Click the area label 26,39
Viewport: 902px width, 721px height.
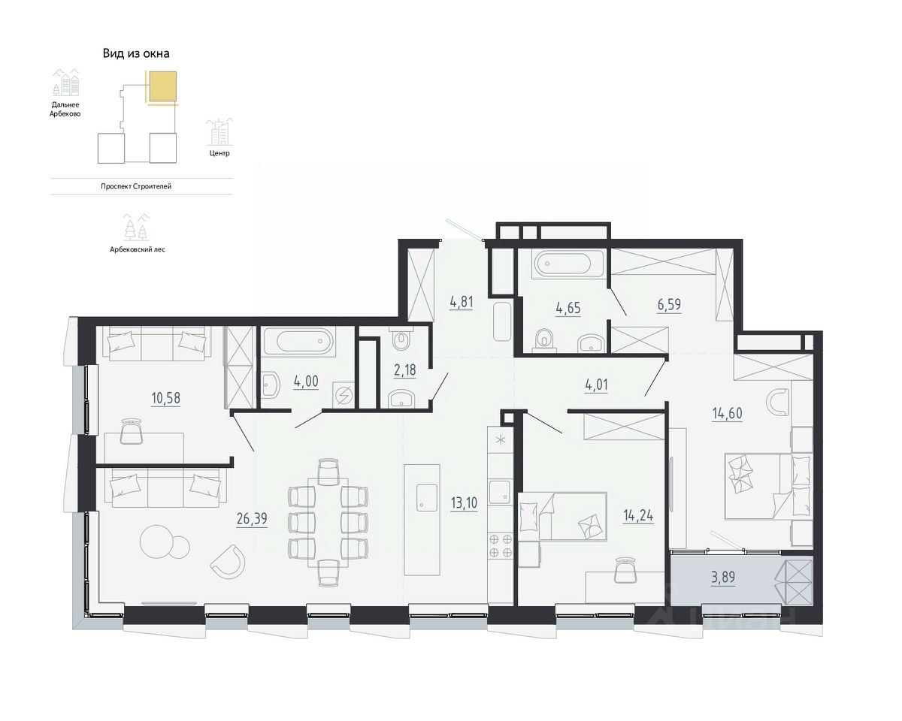(x=252, y=519)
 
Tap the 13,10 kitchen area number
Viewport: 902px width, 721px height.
(x=464, y=502)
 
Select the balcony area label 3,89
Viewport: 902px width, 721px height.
(x=723, y=578)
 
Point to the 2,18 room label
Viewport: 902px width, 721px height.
(x=404, y=370)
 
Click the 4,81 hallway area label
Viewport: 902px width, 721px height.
(x=461, y=302)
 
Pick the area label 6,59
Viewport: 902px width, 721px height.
(x=669, y=304)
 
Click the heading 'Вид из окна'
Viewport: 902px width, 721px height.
(x=136, y=53)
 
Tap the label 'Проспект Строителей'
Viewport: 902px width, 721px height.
(x=136, y=186)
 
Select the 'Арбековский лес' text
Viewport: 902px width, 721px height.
(x=138, y=249)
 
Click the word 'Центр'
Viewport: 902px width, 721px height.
(x=219, y=153)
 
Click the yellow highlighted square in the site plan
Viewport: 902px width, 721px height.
(x=163, y=86)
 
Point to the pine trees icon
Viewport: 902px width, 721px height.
(x=137, y=228)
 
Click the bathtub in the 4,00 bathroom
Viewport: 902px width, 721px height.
(x=298, y=342)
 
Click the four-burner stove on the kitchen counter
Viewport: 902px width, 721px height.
(x=501, y=546)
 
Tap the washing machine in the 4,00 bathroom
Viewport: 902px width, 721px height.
(x=344, y=394)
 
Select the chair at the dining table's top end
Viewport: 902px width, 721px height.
(x=328, y=472)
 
